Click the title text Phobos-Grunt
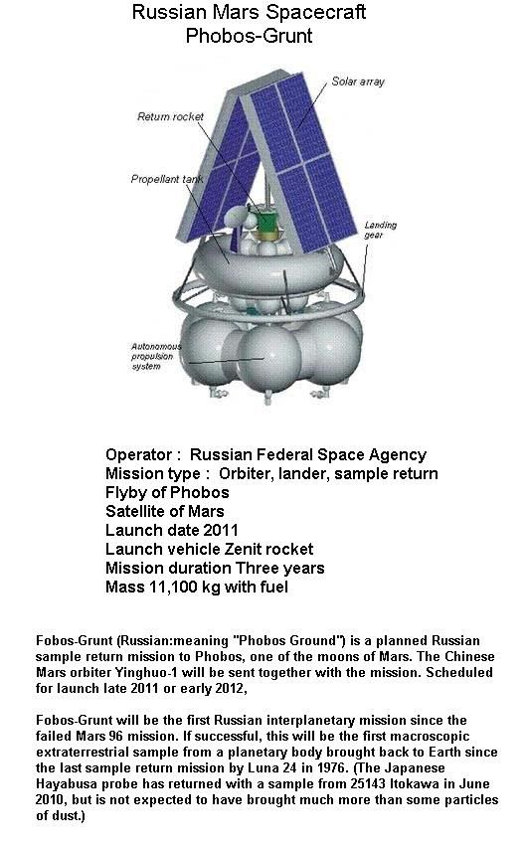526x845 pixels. click(249, 36)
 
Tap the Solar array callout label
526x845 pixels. click(358, 82)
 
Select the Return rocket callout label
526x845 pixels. click(170, 116)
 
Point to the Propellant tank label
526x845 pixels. click(166, 179)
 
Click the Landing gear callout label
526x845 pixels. click(380, 230)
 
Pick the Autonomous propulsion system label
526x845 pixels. click(156, 356)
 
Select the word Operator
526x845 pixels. click(139, 455)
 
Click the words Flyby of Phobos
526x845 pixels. click(167, 492)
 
